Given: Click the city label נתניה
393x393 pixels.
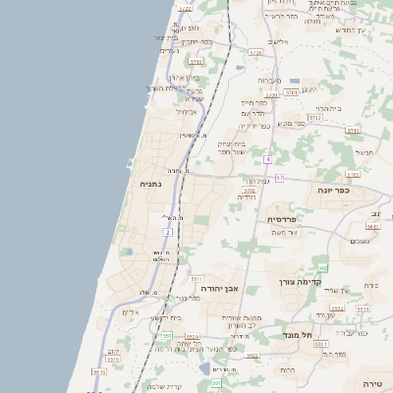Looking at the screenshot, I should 149,183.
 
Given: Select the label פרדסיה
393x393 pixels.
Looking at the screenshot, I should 282,220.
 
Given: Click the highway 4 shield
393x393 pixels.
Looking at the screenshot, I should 266,158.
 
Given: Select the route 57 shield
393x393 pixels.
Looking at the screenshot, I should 279,178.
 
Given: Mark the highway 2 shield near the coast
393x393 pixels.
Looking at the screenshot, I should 168,232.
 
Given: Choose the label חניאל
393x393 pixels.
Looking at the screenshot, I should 365,152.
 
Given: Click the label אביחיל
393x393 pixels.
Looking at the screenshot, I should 187,111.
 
